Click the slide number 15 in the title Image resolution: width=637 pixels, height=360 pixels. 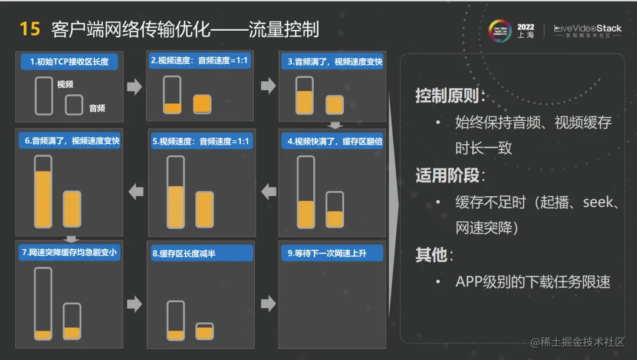(x=30, y=29)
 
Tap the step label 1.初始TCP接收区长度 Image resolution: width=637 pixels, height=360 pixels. (x=69, y=61)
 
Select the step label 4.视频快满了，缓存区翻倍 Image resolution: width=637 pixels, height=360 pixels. (x=334, y=141)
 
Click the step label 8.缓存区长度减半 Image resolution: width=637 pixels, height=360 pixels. (x=183, y=254)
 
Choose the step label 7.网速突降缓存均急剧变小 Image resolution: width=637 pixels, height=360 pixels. (x=69, y=252)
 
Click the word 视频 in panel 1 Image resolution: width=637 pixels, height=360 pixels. (x=65, y=85)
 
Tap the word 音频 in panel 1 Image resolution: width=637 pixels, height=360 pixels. (x=97, y=108)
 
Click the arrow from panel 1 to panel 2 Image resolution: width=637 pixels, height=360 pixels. (x=134, y=87)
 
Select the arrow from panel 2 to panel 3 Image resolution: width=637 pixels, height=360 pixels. (x=268, y=86)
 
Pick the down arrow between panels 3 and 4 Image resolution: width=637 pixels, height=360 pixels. (x=336, y=125)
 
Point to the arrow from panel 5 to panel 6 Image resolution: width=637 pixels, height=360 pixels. (x=136, y=191)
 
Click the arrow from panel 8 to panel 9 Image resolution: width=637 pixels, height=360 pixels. (x=268, y=304)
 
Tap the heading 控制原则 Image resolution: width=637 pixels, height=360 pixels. (x=451, y=95)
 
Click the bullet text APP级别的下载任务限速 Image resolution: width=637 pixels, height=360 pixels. (x=533, y=282)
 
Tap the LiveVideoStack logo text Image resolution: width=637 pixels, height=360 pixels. (x=587, y=28)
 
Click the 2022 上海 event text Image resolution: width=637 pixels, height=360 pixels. (x=525, y=31)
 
